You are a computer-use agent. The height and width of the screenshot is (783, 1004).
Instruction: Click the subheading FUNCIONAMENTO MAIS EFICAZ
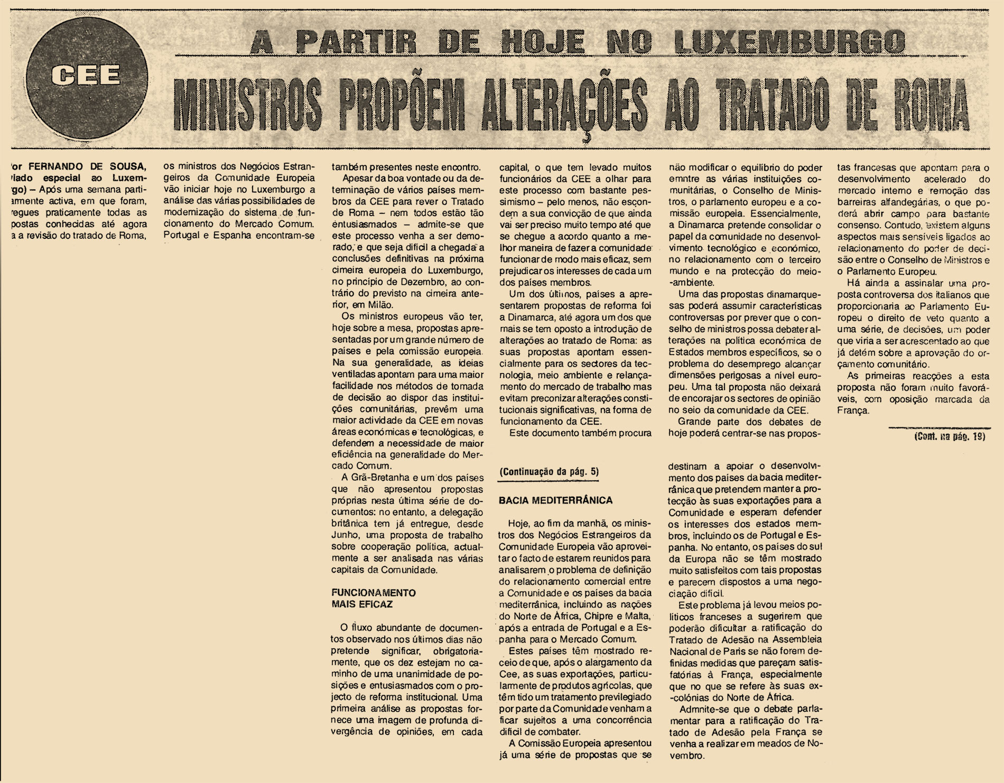[x=373, y=598]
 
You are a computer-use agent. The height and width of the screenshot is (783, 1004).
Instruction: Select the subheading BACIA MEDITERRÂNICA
[x=555, y=500]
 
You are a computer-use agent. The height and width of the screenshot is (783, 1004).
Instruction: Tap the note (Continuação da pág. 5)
[x=549, y=471]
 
